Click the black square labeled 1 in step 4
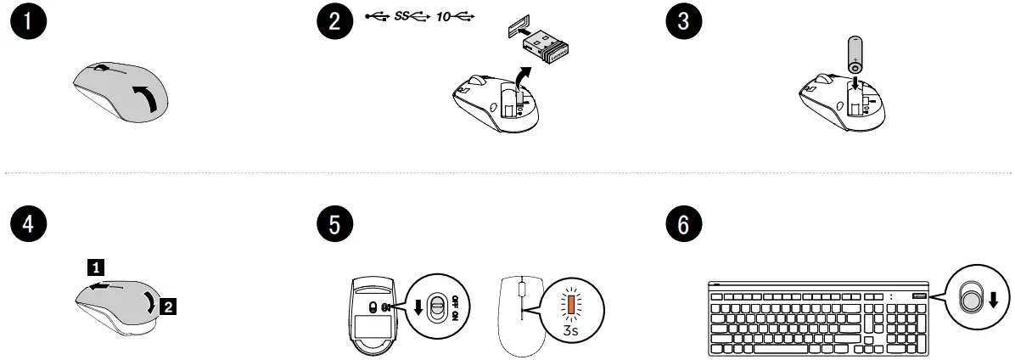click(x=98, y=267)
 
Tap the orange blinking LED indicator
click(x=571, y=304)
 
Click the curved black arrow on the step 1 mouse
click(x=146, y=99)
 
